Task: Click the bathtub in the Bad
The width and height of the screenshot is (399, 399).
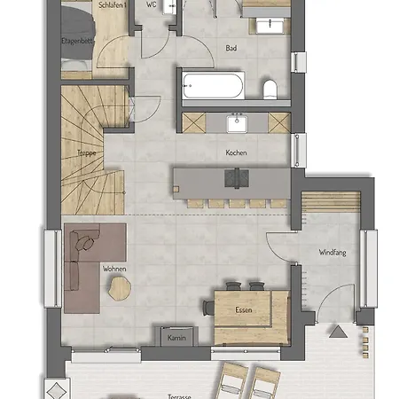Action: click(x=213, y=86)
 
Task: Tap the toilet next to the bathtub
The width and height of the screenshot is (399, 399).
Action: click(x=270, y=89)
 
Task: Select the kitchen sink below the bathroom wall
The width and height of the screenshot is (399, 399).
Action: click(x=237, y=123)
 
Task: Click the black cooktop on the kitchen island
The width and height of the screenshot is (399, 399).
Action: click(x=237, y=178)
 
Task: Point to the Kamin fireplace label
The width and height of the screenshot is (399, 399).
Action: click(x=176, y=338)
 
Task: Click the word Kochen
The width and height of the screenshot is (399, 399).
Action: click(x=236, y=153)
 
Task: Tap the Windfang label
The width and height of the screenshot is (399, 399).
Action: click(x=332, y=253)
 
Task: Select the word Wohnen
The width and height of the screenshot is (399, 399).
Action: click(x=114, y=269)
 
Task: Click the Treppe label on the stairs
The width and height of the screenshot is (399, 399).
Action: click(x=87, y=153)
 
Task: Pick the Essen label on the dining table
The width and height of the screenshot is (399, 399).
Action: click(x=244, y=309)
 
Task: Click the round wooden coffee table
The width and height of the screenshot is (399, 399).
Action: click(x=119, y=289)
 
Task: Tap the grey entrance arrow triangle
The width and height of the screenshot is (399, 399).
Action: click(x=338, y=332)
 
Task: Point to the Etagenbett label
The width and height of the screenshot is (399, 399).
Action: click(x=77, y=41)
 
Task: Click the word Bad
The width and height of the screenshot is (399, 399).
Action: click(x=231, y=48)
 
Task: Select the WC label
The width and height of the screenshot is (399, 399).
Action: click(x=152, y=4)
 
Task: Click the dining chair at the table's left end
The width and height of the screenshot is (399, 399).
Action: click(x=208, y=308)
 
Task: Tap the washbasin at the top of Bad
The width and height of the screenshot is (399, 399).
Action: click(x=270, y=26)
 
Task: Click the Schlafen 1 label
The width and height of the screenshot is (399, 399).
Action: click(x=113, y=5)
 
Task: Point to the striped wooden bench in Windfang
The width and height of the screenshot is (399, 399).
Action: click(x=331, y=201)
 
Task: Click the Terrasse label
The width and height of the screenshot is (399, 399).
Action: click(x=179, y=396)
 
